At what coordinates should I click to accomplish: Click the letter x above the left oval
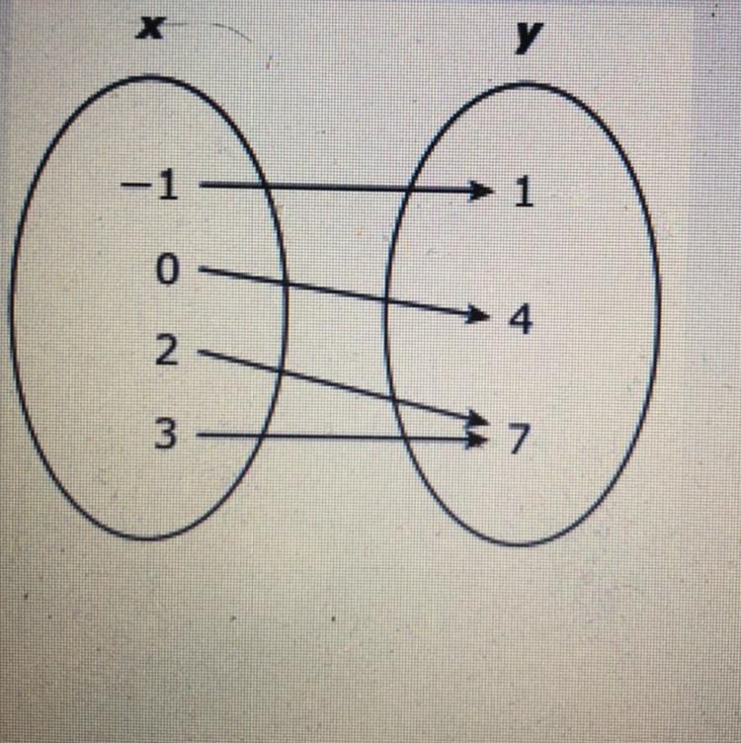(x=149, y=29)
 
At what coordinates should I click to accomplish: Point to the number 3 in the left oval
(x=168, y=434)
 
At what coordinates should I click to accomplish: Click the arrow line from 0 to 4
(x=336, y=291)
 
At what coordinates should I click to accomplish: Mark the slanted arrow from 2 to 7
(x=336, y=385)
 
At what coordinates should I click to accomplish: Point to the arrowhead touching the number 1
(x=482, y=189)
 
